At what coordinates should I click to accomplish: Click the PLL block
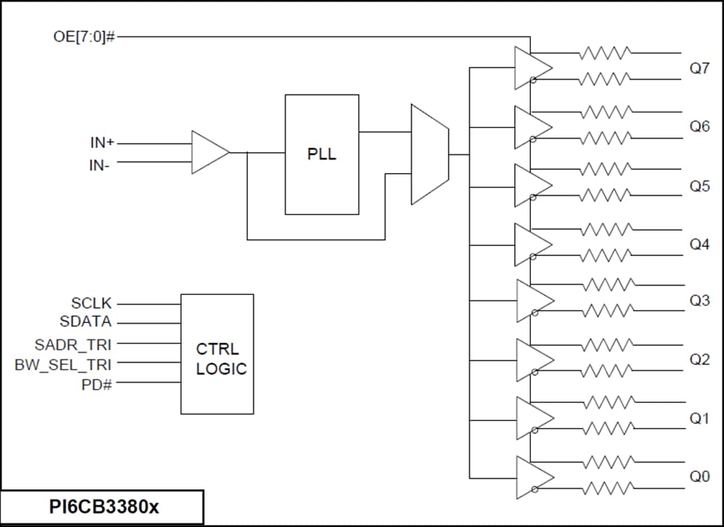click(x=322, y=154)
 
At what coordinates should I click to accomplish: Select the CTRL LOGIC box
click(x=217, y=353)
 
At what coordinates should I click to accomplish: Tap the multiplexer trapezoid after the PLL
click(x=429, y=154)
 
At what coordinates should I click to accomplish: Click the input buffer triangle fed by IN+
click(x=208, y=152)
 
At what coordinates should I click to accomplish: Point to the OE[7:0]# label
click(x=84, y=36)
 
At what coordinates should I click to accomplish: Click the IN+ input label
click(x=102, y=143)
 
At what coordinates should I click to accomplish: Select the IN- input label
click(x=100, y=164)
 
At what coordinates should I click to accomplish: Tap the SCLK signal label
click(x=91, y=304)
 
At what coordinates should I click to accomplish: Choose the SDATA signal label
click(x=86, y=322)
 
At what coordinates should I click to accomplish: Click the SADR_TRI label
click(x=73, y=345)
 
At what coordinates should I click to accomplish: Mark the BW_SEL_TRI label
click(x=63, y=364)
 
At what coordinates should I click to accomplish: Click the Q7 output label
click(x=699, y=68)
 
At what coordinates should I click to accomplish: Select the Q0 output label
click(x=699, y=477)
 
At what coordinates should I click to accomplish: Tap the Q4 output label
click(x=699, y=244)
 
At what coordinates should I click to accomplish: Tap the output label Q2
click(x=699, y=359)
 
